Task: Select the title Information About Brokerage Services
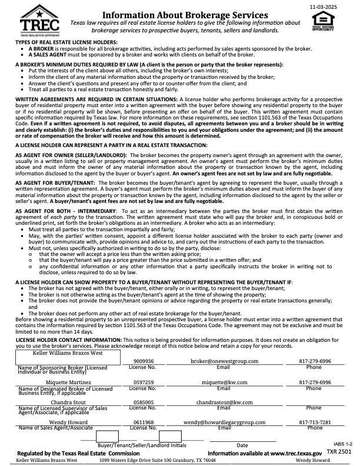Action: [x=178, y=13]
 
